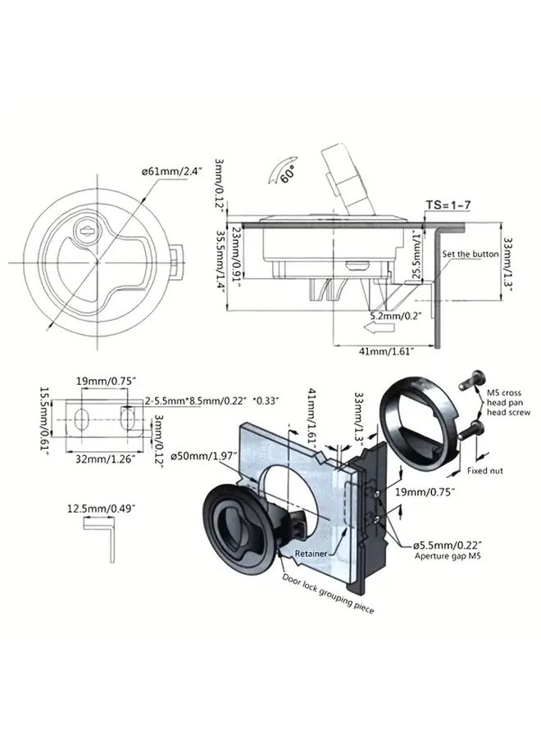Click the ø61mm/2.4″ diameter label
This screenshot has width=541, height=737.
171,172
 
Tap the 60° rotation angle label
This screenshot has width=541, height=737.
287,175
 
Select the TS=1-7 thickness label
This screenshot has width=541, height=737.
448,206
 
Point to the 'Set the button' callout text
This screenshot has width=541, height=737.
470,255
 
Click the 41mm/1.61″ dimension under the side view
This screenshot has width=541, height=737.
386,350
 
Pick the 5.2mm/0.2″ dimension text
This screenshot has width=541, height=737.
395,315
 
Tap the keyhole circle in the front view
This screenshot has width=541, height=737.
86,230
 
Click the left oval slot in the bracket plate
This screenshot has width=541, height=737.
81,418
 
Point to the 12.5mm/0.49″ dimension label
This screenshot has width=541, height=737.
102,509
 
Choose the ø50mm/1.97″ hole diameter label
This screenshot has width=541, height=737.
204,456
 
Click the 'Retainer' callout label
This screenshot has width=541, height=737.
311,554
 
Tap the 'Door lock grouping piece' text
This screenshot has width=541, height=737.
328,593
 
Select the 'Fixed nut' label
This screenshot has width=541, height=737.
485,471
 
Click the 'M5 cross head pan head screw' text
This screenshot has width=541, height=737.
508,402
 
